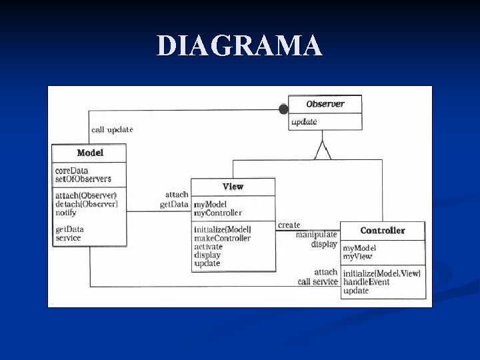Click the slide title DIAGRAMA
(x=239, y=46)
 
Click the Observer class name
(x=325, y=104)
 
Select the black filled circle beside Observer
(x=283, y=109)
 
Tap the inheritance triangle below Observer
(x=323, y=151)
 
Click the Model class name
(x=90, y=153)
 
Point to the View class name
(x=233, y=187)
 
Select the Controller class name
(x=383, y=231)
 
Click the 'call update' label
(x=112, y=129)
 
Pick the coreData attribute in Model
(x=71, y=171)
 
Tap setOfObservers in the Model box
(x=83, y=179)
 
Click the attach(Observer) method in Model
(x=86, y=195)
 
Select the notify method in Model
(x=65, y=212)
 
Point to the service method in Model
(x=68, y=237)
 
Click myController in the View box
(x=217, y=213)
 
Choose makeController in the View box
(x=222, y=238)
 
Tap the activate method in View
(x=208, y=247)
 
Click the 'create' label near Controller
(x=289, y=225)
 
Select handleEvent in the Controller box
(x=366, y=282)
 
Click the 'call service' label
(x=317, y=281)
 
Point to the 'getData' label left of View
(x=174, y=205)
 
